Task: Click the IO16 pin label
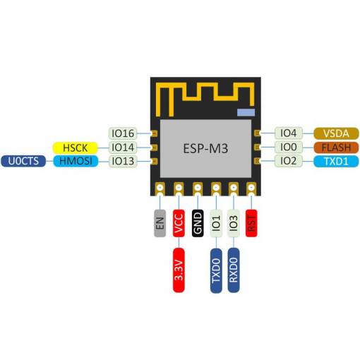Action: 123,133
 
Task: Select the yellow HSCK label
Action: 75,148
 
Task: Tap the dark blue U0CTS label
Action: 23,161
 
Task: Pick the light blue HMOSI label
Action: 76,161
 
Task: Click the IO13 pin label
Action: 123,161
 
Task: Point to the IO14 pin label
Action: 123,148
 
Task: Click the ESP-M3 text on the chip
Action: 205,148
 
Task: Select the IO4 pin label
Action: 289,133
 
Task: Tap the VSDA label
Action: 336,133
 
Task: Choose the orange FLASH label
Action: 336,148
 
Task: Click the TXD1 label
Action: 336,162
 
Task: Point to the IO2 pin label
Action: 289,161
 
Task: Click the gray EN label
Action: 160,223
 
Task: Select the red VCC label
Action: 179,223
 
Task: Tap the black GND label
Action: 198,223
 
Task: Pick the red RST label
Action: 251,223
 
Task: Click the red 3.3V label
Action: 179,270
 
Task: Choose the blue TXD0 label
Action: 216,270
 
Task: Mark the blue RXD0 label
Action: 234,270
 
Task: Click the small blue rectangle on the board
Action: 246,112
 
